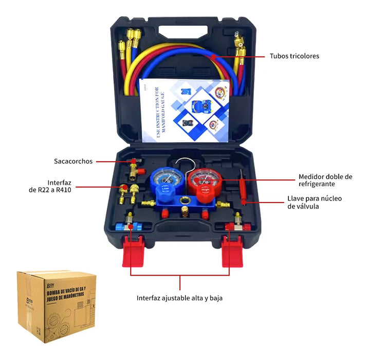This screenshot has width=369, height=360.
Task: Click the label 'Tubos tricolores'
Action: [294, 56]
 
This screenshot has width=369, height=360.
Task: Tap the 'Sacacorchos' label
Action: [73, 161]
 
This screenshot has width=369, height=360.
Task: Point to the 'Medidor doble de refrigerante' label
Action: [325, 180]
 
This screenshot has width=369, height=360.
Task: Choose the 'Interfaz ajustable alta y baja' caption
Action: [179, 298]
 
